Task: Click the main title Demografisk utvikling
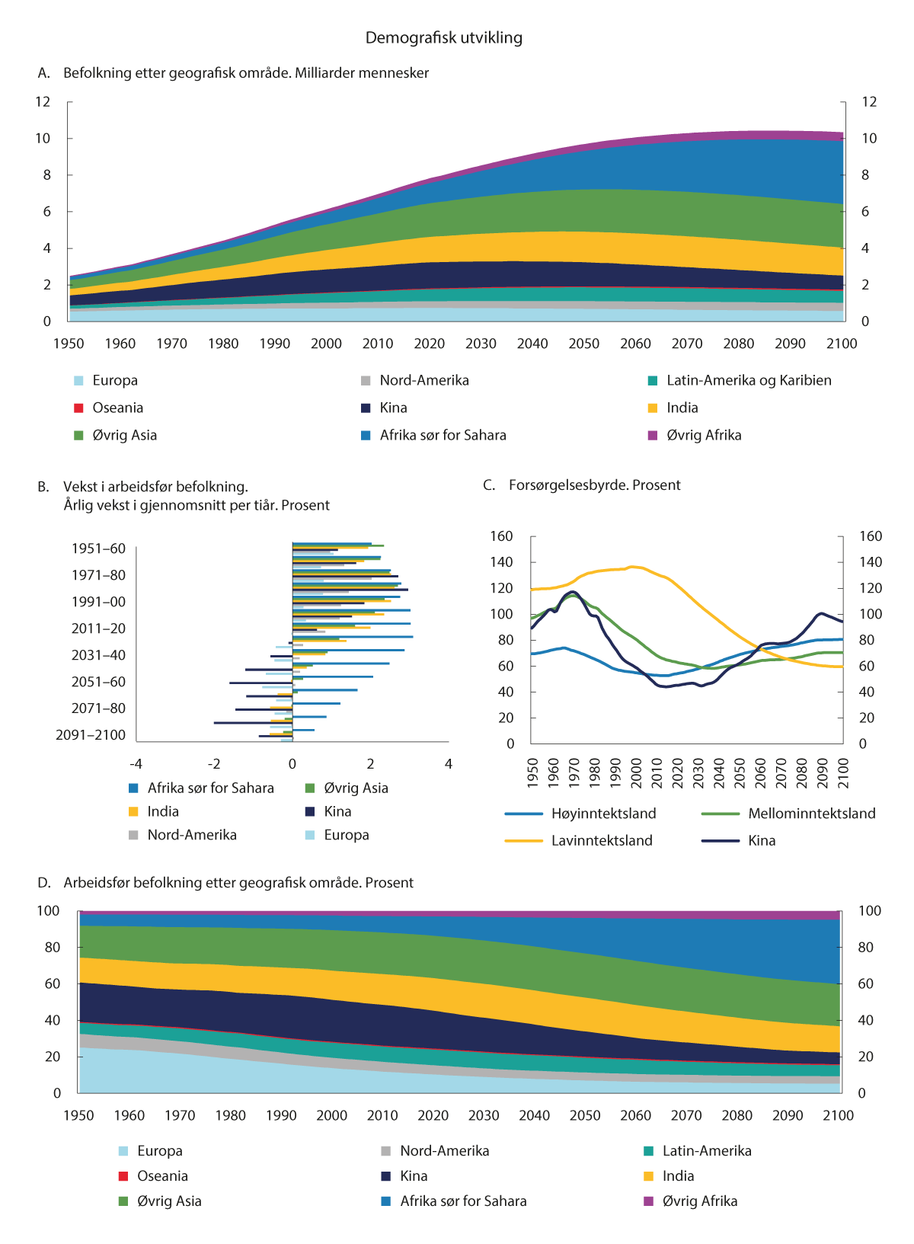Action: [444, 38]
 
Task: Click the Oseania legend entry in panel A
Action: [117, 408]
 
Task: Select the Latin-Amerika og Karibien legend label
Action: [749, 381]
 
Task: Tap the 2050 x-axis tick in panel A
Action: [584, 344]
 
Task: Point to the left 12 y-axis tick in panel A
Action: [43, 102]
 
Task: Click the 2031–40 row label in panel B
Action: [98, 655]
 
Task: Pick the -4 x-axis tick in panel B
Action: [136, 764]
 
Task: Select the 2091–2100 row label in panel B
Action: [91, 735]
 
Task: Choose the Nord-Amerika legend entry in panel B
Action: [192, 835]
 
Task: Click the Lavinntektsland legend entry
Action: [602, 841]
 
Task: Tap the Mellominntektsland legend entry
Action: [811, 814]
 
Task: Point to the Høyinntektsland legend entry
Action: [603, 814]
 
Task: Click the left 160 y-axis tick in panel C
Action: [501, 536]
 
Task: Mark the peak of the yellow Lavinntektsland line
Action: [631, 566]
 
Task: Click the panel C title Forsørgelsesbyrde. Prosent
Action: [594, 485]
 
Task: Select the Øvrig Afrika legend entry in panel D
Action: [699, 1201]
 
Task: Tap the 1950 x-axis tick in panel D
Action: [78, 1116]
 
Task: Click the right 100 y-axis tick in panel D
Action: [869, 911]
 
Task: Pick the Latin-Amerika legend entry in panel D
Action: [706, 1151]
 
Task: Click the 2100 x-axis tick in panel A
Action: [842, 344]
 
